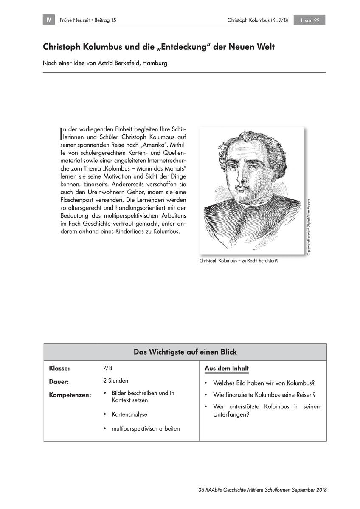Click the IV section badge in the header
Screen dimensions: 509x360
[49, 20]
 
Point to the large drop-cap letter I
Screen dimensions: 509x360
[62, 132]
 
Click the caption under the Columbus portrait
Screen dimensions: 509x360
[238, 261]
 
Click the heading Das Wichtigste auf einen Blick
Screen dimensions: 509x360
[185, 352]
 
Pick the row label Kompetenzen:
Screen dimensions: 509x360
[70, 395]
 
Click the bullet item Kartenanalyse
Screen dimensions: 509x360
[129, 414]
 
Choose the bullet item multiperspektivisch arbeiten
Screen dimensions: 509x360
[146, 428]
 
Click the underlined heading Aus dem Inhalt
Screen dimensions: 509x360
[227, 369]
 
